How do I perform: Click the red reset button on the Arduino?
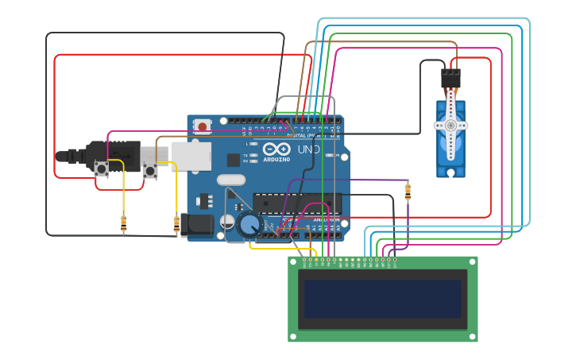pyautogui.click(x=203, y=126)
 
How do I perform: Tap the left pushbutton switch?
pyautogui.click(x=102, y=168)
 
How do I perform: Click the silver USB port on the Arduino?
pyautogui.click(x=191, y=156)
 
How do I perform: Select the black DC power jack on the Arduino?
pyautogui.click(x=196, y=225)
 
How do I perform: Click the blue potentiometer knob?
pyautogui.click(x=249, y=226)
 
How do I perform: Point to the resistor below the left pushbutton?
pyautogui.click(x=123, y=224)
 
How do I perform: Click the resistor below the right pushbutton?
pyautogui.click(x=176, y=225)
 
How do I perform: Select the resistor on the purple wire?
pyautogui.click(x=408, y=192)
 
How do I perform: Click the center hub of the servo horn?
pyautogui.click(x=450, y=126)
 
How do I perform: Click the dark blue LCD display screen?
pyautogui.click(x=382, y=298)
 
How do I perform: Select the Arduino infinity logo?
pyautogui.click(x=276, y=149)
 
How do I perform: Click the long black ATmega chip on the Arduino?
pyautogui.click(x=296, y=203)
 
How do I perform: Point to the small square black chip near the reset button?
pyautogui.click(x=233, y=160)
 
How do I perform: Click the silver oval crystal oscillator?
pyautogui.click(x=231, y=180)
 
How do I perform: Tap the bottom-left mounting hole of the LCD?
pyautogui.click(x=294, y=336)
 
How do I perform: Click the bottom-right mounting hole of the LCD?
pyautogui.click(x=472, y=336)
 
